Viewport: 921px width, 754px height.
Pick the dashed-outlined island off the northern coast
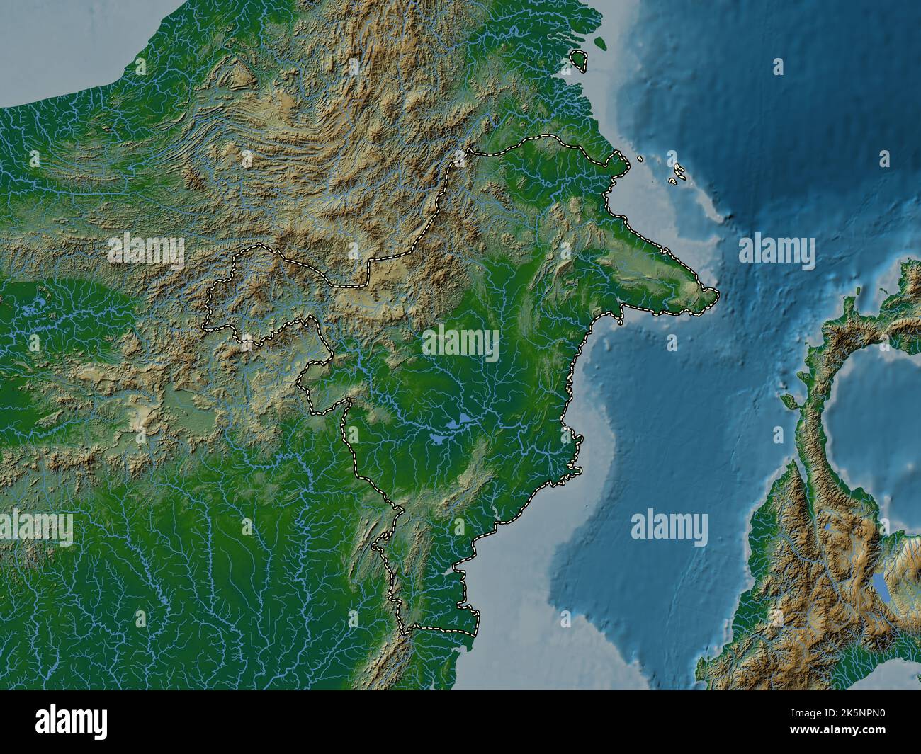tap(581, 61)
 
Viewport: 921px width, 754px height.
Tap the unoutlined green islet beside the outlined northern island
tap(601, 44)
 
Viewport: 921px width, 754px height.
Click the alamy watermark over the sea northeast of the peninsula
tap(776, 250)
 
